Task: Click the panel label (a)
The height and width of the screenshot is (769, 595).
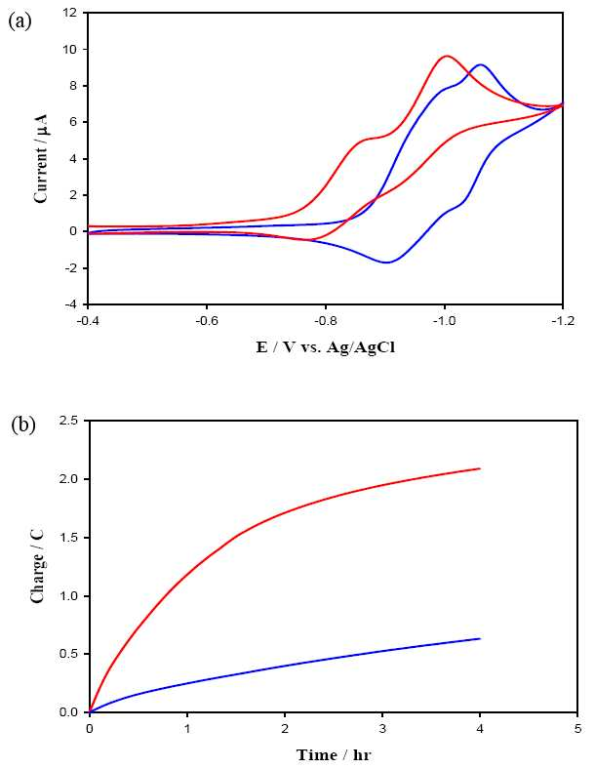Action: click(x=20, y=21)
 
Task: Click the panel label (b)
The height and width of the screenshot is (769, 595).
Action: click(x=23, y=425)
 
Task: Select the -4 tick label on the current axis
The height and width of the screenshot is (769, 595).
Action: click(x=71, y=304)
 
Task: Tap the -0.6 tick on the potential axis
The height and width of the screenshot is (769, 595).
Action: click(x=207, y=321)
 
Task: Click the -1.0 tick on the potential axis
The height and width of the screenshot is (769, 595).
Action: click(x=444, y=321)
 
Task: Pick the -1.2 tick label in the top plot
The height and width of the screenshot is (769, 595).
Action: click(x=563, y=321)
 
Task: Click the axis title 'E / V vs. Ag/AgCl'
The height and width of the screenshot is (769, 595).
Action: click(x=326, y=347)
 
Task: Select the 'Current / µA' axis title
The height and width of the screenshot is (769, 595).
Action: click(x=41, y=158)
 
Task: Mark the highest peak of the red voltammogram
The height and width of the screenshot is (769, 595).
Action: click(x=447, y=56)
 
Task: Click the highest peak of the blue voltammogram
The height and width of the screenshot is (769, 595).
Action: click(x=480, y=64)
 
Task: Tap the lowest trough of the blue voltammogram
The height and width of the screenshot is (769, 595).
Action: click(x=387, y=263)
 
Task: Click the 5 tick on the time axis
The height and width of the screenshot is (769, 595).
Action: click(x=577, y=729)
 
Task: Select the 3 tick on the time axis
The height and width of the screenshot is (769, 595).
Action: click(x=382, y=729)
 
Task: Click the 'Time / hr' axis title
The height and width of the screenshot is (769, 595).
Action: click(x=334, y=754)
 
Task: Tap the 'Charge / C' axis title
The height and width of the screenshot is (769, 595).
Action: click(x=37, y=565)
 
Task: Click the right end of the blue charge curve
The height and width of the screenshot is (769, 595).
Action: click(x=480, y=638)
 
